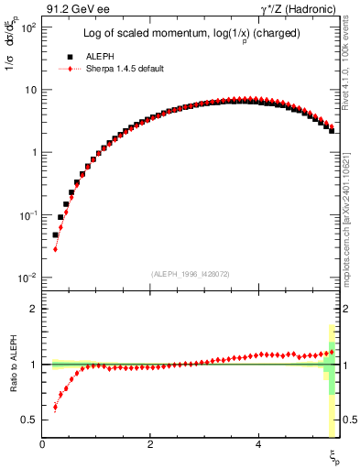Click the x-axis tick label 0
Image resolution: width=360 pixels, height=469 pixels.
pyautogui.click(x=42, y=444)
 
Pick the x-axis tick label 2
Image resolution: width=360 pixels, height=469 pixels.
pyautogui.click(x=150, y=444)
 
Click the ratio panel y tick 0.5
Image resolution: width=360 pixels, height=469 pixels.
pyautogui.click(x=29, y=420)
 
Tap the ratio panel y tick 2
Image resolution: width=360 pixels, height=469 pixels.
pyautogui.click(x=33, y=309)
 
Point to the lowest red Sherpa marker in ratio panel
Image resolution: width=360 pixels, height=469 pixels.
pyautogui.click(x=55, y=408)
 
